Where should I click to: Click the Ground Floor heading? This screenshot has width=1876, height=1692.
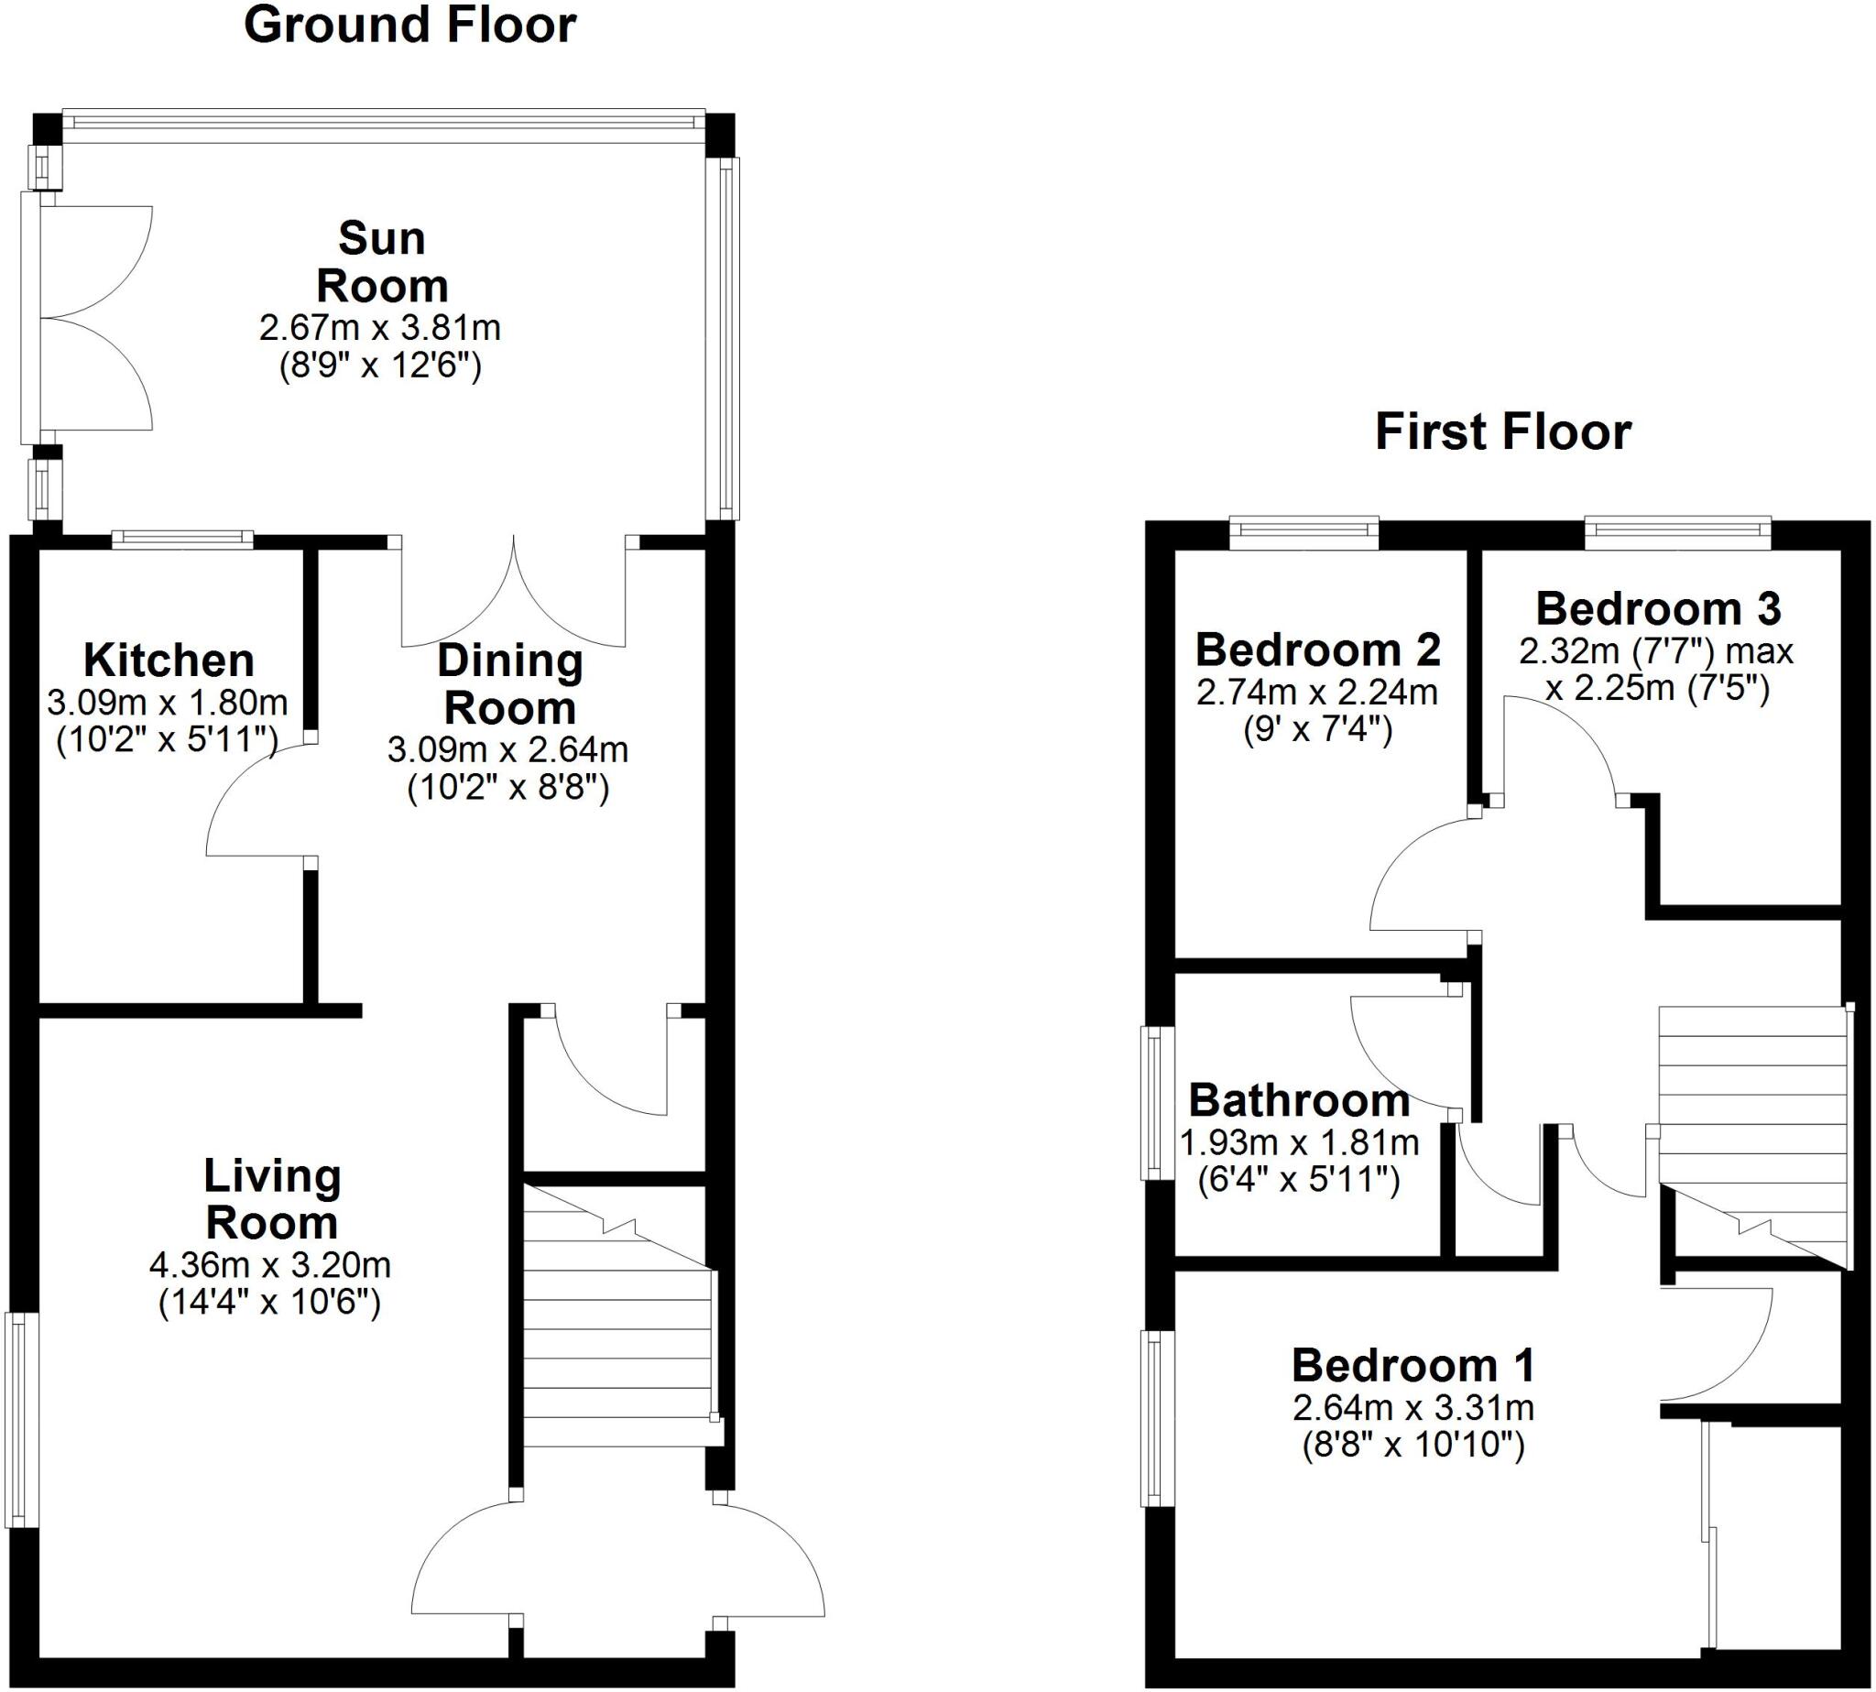(409, 26)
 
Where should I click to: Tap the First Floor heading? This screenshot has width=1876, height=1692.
(1502, 433)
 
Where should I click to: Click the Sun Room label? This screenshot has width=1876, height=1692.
(381, 262)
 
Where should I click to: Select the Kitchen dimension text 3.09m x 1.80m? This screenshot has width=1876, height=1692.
(168, 702)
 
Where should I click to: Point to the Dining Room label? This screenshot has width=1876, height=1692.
(509, 684)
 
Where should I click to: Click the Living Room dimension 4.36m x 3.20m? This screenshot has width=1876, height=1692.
(269, 1264)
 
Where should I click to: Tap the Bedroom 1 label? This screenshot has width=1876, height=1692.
(1412, 1366)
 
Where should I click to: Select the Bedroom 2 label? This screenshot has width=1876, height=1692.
(1317, 650)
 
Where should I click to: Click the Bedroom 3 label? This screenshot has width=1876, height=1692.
(1658, 609)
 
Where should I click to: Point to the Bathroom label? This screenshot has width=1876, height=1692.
(1299, 1101)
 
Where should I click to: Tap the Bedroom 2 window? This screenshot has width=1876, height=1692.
(1303, 530)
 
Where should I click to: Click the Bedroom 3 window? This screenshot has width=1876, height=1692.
(1677, 530)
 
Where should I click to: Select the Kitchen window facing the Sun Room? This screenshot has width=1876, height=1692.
(182, 537)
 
